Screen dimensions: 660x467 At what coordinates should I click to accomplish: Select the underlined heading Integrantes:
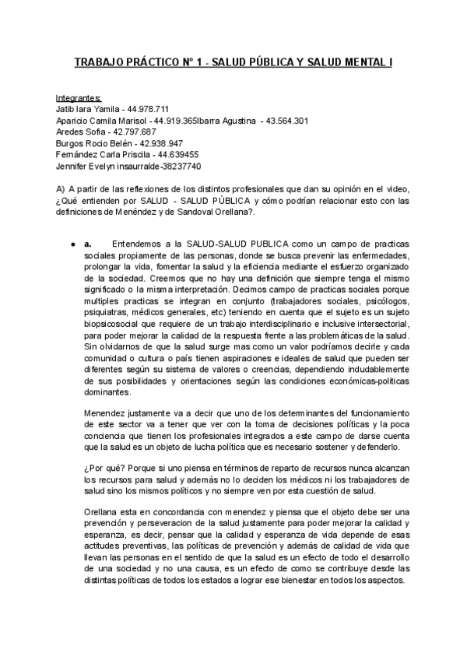pos(79,98)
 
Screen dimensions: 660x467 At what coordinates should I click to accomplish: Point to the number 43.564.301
pos(287,121)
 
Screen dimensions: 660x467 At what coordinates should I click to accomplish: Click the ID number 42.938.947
pos(159,143)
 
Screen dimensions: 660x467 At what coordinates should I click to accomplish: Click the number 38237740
pos(180,166)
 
